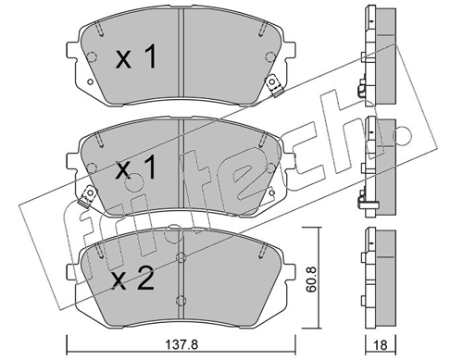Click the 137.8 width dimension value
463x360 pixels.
click(181, 344)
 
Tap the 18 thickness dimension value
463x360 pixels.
click(382, 345)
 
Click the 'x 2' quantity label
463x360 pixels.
click(133, 279)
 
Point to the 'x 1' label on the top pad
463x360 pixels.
click(136, 56)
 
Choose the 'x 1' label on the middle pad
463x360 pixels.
click(135, 167)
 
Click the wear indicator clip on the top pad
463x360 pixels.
click(274, 86)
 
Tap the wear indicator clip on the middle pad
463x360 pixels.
click(87, 197)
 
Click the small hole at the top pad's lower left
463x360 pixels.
click(90, 81)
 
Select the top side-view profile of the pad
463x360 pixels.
click(379, 56)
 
